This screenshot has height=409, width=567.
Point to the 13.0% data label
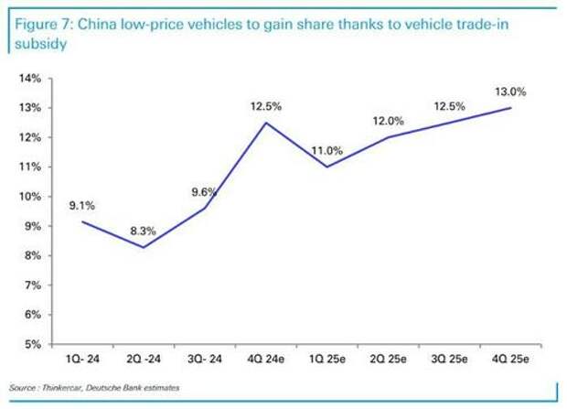511,91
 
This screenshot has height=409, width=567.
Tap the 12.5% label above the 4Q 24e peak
265,106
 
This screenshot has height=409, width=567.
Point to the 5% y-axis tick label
31,344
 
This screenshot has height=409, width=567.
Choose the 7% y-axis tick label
31,285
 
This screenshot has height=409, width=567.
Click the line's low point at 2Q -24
144,247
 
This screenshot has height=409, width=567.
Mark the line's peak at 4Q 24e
266,123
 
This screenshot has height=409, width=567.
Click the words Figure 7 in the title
37,25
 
